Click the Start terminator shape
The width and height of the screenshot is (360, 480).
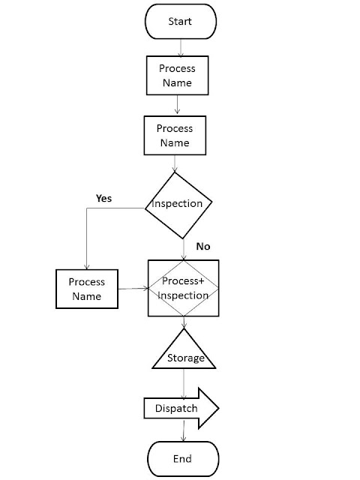[181, 22]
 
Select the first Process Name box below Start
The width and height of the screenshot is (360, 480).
[177, 75]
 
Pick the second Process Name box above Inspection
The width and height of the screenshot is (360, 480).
[175, 136]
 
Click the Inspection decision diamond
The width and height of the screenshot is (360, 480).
[178, 204]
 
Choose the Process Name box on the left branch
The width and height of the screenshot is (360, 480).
[87, 289]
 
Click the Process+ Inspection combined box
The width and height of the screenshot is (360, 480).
[184, 288]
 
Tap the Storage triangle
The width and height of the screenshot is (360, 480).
[184, 352]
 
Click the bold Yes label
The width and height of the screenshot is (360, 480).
[104, 198]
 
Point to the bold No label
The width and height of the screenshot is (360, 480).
[203, 246]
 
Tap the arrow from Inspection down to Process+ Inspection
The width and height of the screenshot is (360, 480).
[184, 247]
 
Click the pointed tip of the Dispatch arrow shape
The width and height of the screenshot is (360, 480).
[217, 409]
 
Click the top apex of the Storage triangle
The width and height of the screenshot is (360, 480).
[184, 328]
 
